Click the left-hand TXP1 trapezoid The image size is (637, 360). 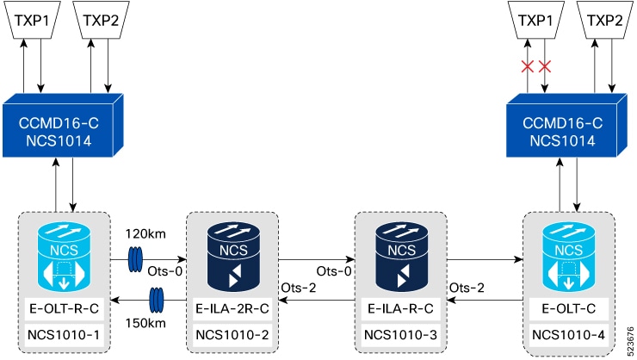tap(32, 20)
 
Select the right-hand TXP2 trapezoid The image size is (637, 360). tap(604, 20)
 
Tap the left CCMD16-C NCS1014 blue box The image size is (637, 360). tap(63, 126)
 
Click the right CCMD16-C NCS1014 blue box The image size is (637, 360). tap(566, 126)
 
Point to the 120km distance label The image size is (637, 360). tap(145, 234)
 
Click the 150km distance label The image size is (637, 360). tap(145, 324)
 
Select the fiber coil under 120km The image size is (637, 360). tap(135, 259)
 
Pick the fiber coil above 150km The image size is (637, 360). tap(157, 301)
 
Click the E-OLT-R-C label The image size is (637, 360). tap(65, 309)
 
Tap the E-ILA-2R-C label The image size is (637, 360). tap(232, 309)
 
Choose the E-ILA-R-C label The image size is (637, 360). tap(400, 309)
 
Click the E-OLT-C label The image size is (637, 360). tap(569, 309)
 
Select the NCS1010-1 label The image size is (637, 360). tap(64, 335)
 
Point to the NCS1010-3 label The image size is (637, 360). tap(400, 335)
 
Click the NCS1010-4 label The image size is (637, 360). tap(569, 335)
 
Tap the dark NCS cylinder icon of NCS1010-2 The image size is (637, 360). tap(233, 257)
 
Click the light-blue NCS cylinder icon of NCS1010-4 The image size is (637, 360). tap(569, 257)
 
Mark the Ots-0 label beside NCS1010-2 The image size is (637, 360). tap(165, 271)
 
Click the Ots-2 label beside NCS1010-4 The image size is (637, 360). tap(467, 288)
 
